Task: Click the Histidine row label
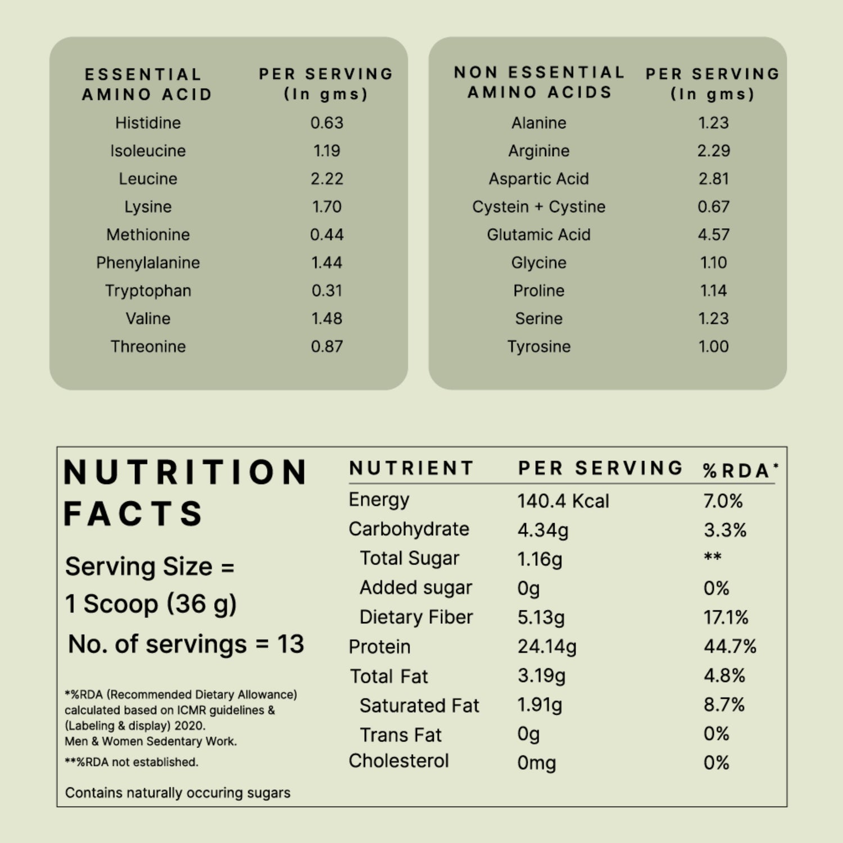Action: (x=148, y=123)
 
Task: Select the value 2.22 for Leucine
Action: (x=327, y=179)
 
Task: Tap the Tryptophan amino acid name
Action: (x=148, y=291)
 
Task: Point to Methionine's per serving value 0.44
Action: (x=327, y=234)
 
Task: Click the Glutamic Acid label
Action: (x=538, y=234)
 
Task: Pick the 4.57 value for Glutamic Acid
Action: (x=713, y=234)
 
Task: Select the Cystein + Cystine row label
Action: (x=538, y=207)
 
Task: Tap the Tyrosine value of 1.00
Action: (x=713, y=346)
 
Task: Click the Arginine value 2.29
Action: (x=713, y=151)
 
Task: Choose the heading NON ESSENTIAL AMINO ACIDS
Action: (x=539, y=82)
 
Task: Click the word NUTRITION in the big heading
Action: (x=185, y=472)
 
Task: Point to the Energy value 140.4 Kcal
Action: (x=563, y=501)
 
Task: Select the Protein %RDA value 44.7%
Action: (x=729, y=646)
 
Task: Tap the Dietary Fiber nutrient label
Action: (x=416, y=617)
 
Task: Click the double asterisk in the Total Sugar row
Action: (x=712, y=557)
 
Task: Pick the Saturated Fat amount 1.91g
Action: (x=540, y=705)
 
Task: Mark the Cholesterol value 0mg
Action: (x=536, y=763)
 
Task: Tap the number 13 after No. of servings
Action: (x=290, y=644)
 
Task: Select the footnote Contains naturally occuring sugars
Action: (x=178, y=792)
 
